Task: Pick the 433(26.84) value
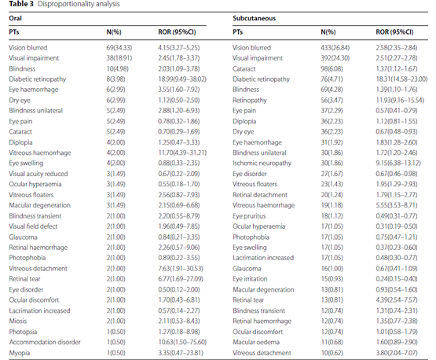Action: pyautogui.click(x=333, y=49)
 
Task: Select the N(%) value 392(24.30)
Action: pyautogui.click(x=333, y=57)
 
